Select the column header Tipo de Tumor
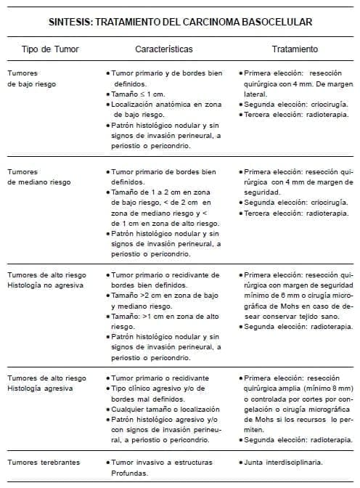tap(52, 50)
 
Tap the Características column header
tap(164, 50)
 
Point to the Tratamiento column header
tap(295, 50)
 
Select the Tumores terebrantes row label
tap(44, 462)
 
